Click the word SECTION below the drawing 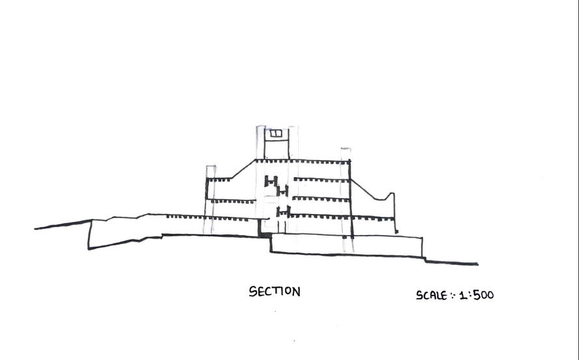pyautogui.click(x=275, y=292)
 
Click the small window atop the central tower pyautogui.click(x=276, y=133)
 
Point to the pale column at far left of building pyautogui.click(x=210, y=195)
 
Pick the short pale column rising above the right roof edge pyautogui.click(x=345, y=154)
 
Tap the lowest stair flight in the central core pyautogui.click(x=282, y=211)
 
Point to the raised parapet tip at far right pyautogui.click(x=390, y=195)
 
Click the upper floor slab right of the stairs pyautogui.click(x=321, y=180)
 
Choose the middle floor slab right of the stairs pyautogui.click(x=321, y=199)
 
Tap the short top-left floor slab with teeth pyautogui.click(x=220, y=179)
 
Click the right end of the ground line pyautogui.click(x=476, y=264)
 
